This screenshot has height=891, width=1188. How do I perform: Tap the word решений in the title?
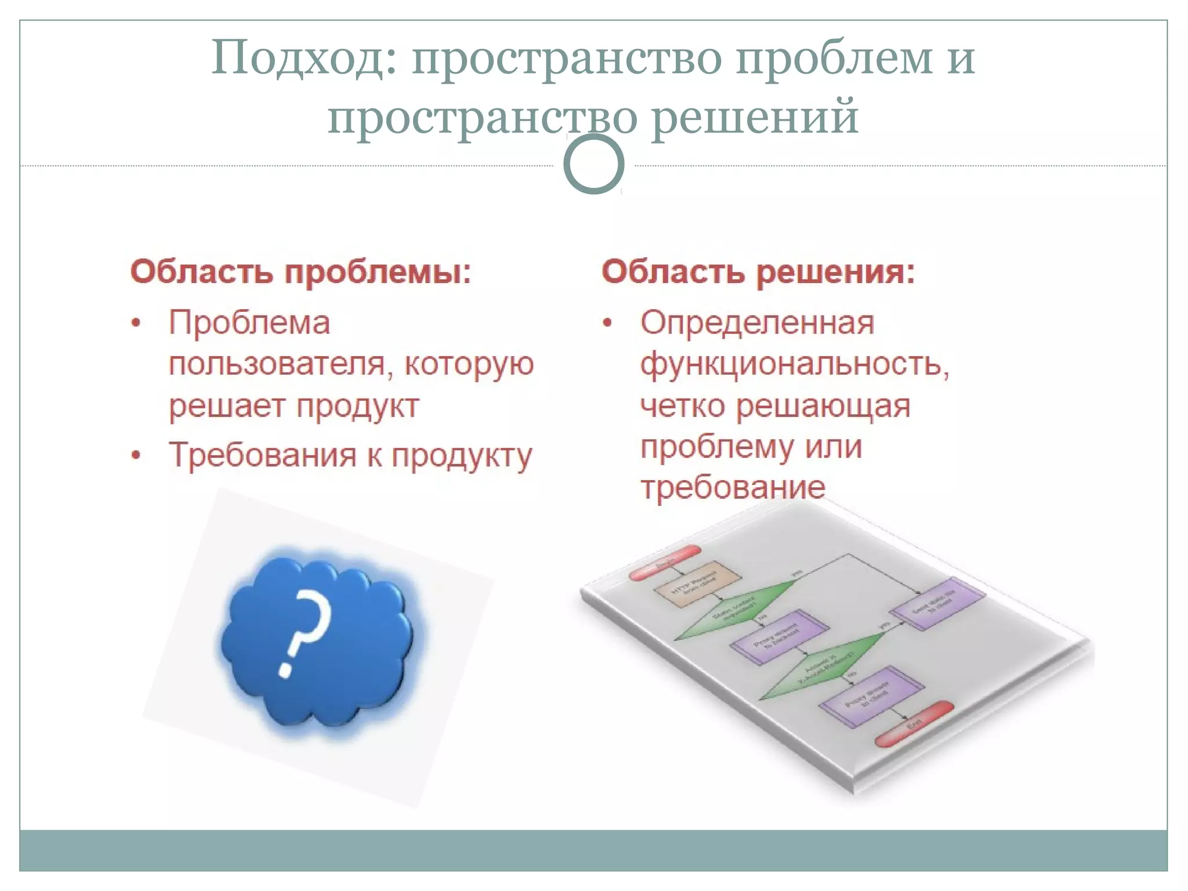tap(754, 117)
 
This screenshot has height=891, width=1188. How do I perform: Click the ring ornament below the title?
tap(593, 165)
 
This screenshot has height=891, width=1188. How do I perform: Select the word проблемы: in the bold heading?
tap(377, 271)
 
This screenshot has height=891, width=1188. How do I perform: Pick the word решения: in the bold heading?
tap(836, 271)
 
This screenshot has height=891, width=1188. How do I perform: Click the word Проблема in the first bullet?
tap(249, 323)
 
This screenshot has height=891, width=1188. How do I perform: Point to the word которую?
tap(469, 364)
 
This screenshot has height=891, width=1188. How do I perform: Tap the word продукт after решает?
tap(357, 406)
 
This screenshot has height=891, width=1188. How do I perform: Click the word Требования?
tap(262, 455)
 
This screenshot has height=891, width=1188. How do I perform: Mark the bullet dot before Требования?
tap(136, 456)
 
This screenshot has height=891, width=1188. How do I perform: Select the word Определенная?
tap(757, 323)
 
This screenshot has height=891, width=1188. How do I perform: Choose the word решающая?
tap(823, 406)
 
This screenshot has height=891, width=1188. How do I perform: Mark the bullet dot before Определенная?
tap(607, 323)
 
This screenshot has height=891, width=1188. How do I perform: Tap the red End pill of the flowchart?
tap(914, 724)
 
